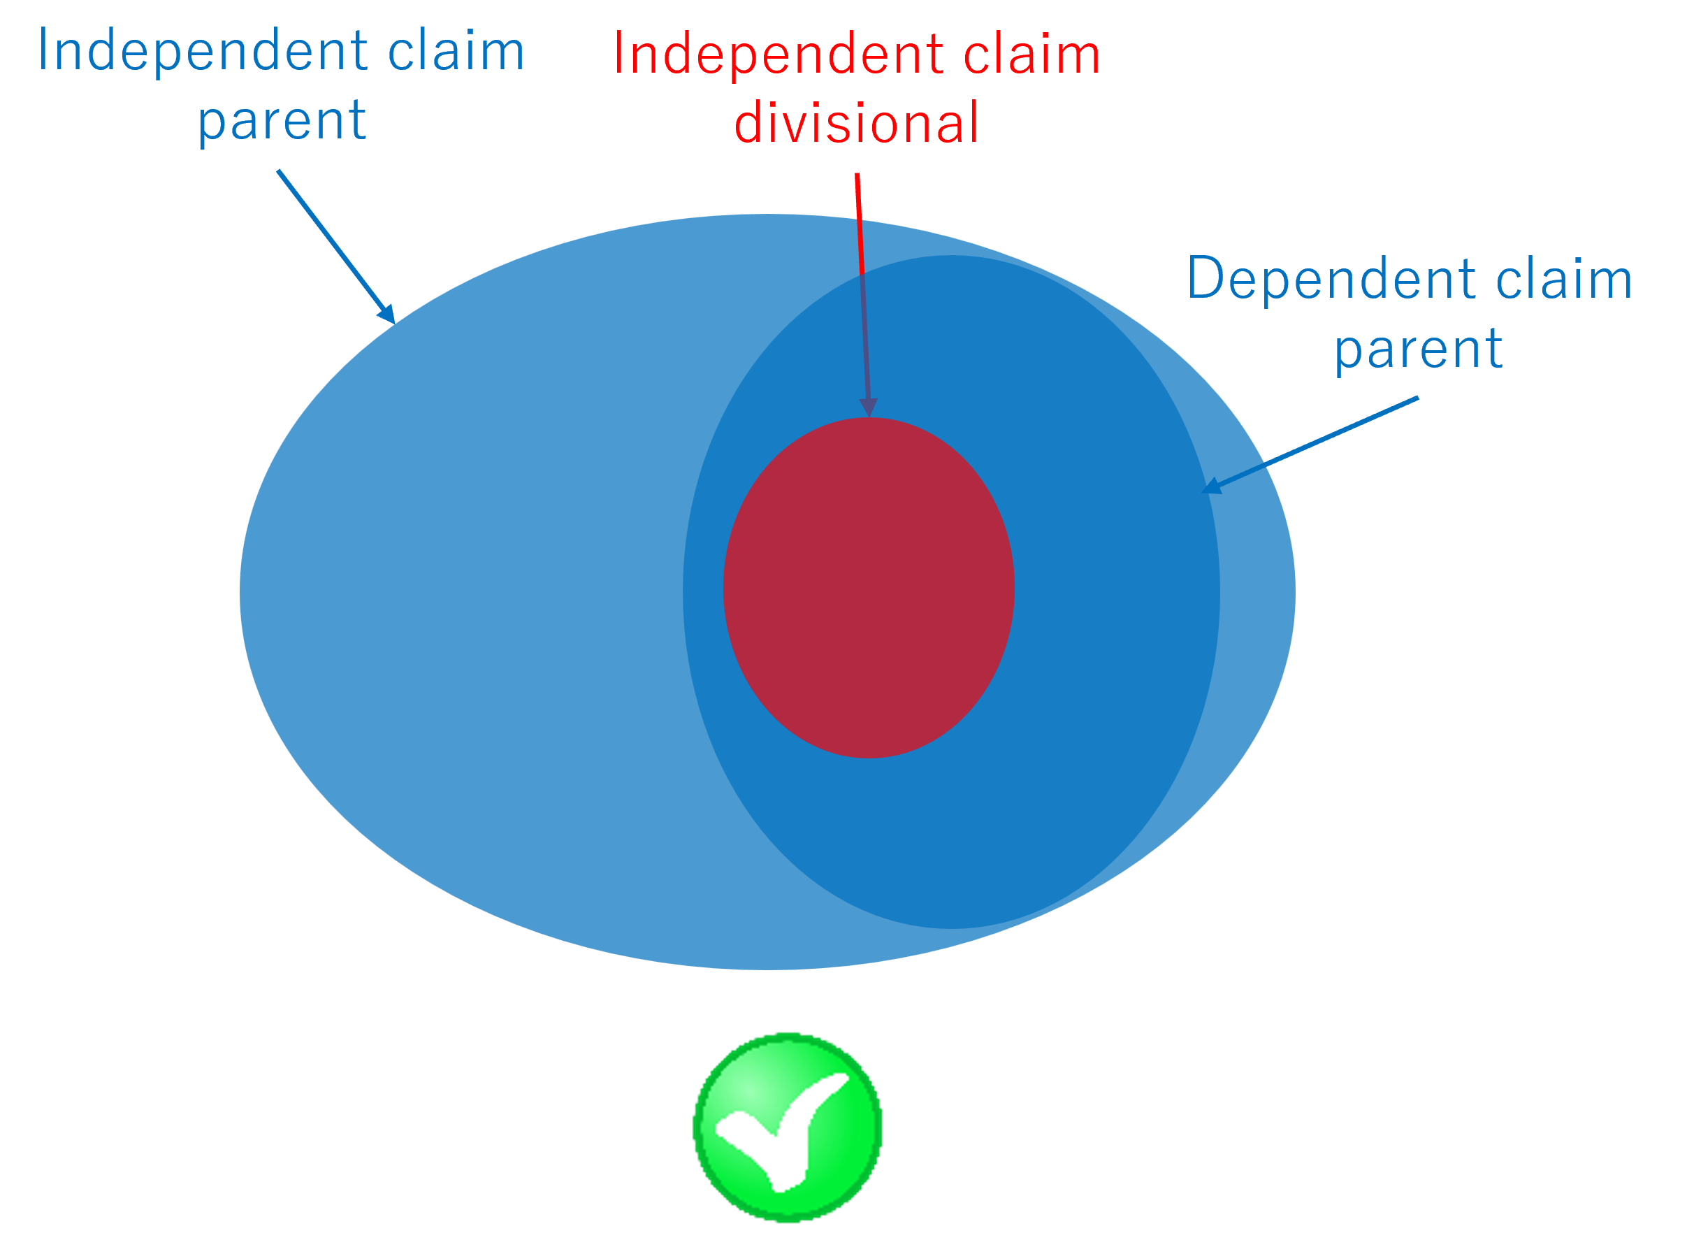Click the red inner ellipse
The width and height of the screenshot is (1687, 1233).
pyautogui.click(x=869, y=588)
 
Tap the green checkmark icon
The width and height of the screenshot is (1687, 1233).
pyautogui.click(x=788, y=1127)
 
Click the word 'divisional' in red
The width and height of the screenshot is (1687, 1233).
pyautogui.click(x=857, y=122)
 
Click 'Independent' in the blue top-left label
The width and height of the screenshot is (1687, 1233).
pyautogui.click(x=203, y=51)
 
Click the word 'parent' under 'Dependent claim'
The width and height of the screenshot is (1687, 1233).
pyautogui.click(x=1418, y=349)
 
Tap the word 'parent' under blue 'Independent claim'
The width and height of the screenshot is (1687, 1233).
pyautogui.click(x=282, y=120)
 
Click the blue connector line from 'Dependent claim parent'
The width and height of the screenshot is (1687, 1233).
pyautogui.click(x=1342, y=431)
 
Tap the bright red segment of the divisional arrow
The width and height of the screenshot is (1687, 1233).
pyautogui.click(x=860, y=224)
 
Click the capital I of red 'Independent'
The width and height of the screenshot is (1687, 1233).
pyautogui.click(x=618, y=55)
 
